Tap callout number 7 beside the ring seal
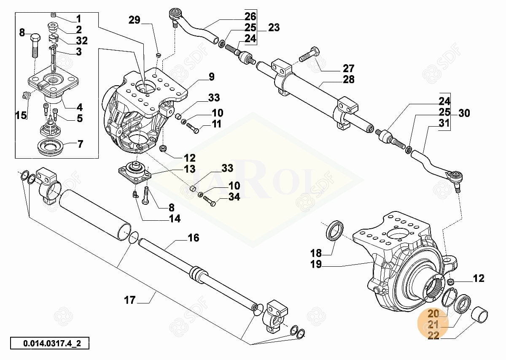(80, 144)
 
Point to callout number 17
(130, 300)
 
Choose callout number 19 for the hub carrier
(316, 264)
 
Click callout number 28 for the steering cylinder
(349, 79)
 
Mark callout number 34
(234, 197)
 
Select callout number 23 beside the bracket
(274, 27)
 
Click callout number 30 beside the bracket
(464, 113)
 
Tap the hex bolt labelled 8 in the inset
(35, 44)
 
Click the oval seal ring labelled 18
(336, 230)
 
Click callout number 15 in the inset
(21, 115)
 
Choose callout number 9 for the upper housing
(211, 77)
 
